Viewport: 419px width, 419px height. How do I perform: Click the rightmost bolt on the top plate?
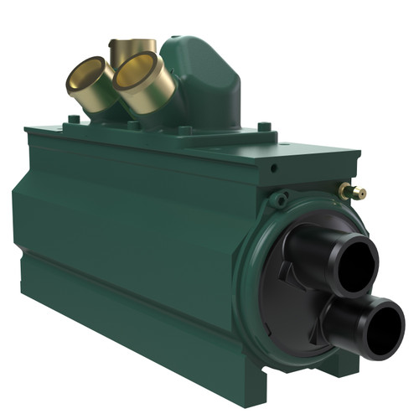pos(265,127)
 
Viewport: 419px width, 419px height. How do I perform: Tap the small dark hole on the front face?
pos(273,168)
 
